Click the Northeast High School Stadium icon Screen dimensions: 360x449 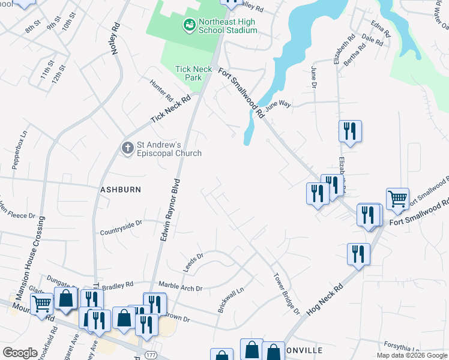[x=189, y=25]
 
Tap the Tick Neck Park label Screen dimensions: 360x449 [x=193, y=73]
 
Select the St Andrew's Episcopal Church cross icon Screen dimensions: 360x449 [x=127, y=148]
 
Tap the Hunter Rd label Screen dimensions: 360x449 [x=161, y=90]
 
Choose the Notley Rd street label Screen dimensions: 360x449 [x=116, y=39]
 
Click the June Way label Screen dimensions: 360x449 [x=278, y=105]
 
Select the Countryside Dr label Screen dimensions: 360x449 [x=121, y=227]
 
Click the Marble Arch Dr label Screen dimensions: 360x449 [x=180, y=285]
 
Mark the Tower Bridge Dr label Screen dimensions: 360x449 [x=287, y=293]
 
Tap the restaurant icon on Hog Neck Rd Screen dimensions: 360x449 [x=358, y=253]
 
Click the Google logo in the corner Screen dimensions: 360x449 [x=20, y=352]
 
